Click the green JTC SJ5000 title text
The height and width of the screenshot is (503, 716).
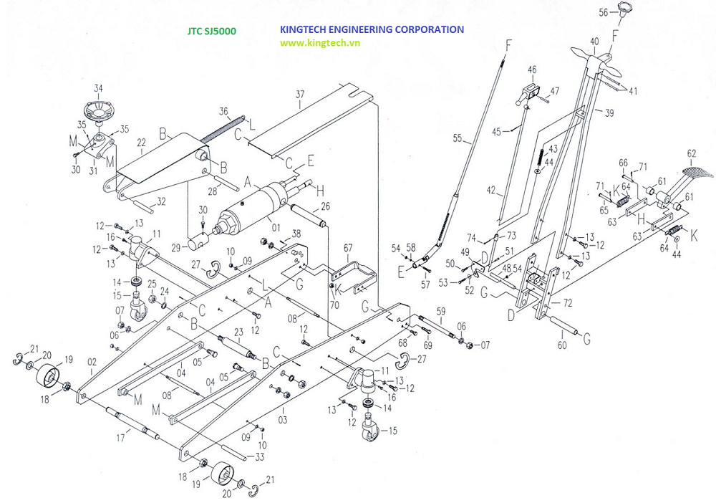212,32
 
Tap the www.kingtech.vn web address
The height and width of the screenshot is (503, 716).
319,43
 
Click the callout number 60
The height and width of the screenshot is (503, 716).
561,345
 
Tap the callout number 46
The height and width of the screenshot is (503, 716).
532,70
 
